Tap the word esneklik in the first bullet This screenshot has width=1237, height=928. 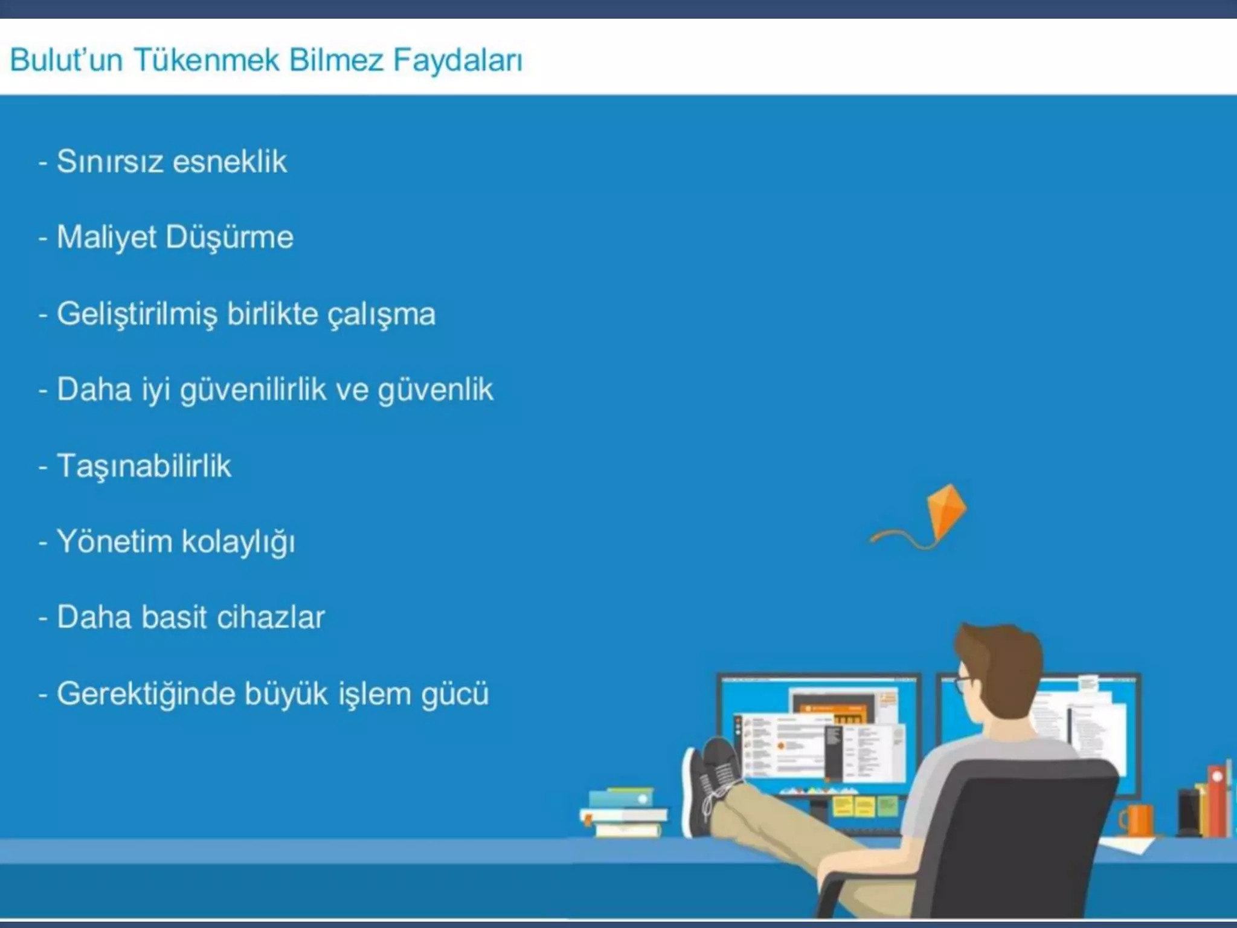(x=230, y=162)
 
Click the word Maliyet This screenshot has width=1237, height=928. (x=106, y=237)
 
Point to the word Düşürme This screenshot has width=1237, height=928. (x=230, y=237)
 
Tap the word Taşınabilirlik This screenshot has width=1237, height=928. (x=144, y=466)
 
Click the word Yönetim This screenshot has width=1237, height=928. (x=114, y=541)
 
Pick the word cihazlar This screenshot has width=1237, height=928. (x=271, y=617)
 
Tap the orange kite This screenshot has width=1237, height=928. (x=946, y=511)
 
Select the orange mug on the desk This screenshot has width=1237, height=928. (x=1138, y=820)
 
